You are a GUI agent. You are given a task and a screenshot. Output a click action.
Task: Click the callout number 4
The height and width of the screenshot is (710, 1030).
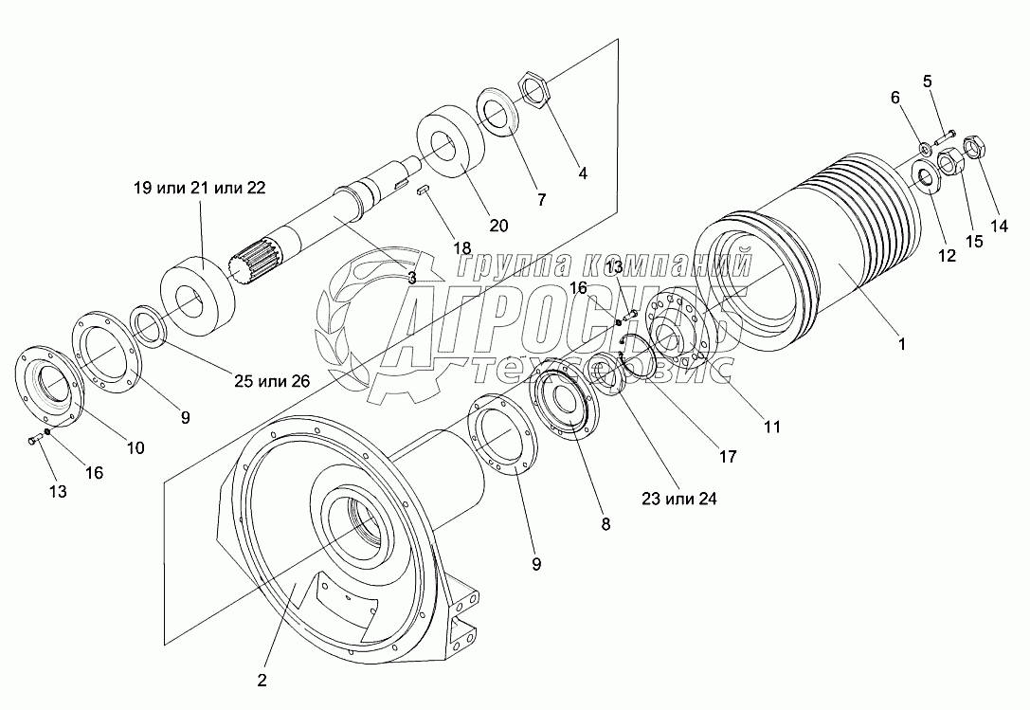coord(583,173)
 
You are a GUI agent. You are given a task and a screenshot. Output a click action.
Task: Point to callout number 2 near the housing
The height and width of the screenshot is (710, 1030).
coord(262,680)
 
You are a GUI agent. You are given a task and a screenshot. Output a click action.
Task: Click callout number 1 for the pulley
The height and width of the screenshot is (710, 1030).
coord(901,345)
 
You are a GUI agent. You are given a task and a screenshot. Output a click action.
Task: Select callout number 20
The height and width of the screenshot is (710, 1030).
coord(498,225)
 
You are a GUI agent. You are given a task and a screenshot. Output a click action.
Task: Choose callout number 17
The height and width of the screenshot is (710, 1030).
coord(727,456)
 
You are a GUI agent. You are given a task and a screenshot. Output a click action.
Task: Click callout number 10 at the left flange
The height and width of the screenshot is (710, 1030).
coord(136,447)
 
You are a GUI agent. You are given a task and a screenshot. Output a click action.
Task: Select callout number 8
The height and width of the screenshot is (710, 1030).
coord(605,522)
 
